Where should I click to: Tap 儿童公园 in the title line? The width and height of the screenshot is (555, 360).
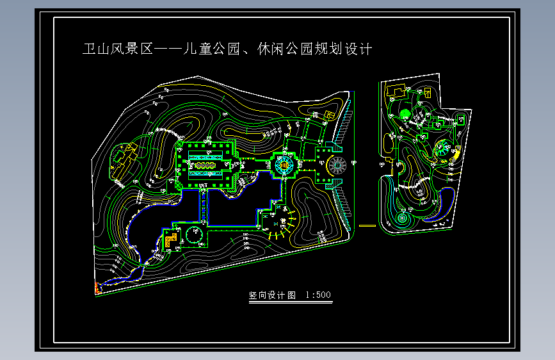[x=214, y=49]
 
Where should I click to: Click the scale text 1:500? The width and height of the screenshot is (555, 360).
[x=318, y=295]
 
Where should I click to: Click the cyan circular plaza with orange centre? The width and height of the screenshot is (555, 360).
[x=282, y=166]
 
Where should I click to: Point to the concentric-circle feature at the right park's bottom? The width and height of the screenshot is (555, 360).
[x=401, y=218]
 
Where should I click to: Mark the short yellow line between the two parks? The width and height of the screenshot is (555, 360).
[x=367, y=225]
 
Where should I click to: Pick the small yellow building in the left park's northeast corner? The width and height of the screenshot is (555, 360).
[x=330, y=115]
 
